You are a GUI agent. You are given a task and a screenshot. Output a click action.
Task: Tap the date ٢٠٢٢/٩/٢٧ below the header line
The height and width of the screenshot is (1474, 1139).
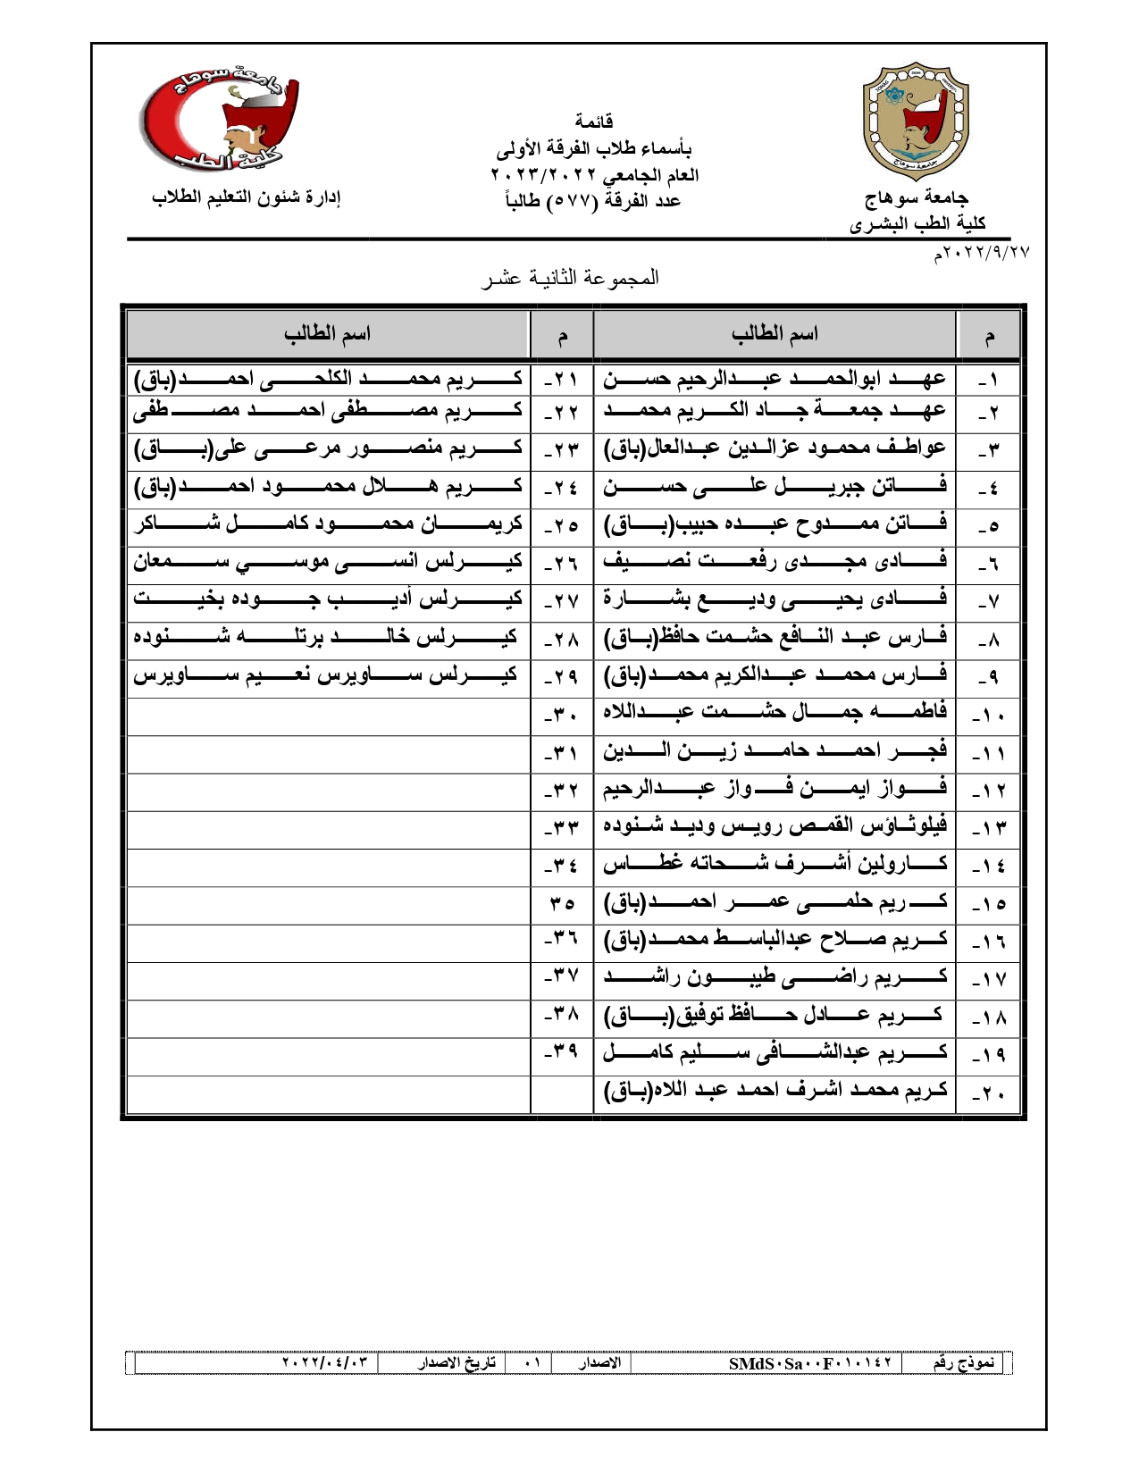982,253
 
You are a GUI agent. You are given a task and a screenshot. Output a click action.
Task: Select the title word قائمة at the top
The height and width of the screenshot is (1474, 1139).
593,121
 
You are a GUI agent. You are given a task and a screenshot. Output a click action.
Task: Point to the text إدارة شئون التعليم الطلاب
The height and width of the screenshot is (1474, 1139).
247,197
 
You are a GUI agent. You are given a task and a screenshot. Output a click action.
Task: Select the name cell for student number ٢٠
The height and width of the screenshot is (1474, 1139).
775,1092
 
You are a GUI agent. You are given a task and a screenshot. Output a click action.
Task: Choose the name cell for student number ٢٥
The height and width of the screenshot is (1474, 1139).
328,524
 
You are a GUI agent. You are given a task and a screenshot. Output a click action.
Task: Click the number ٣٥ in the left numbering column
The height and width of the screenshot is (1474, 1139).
562,904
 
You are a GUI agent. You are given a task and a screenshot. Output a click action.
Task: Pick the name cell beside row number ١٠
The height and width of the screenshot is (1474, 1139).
775,713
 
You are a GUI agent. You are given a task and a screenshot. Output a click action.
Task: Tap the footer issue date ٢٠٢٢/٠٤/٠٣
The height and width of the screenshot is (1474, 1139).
325,1363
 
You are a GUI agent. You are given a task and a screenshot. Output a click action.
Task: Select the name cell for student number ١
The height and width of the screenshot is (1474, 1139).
775,380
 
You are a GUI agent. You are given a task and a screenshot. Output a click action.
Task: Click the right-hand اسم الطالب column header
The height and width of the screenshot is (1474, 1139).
775,334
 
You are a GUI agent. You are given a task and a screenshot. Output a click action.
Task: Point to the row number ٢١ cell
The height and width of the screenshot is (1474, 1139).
561,380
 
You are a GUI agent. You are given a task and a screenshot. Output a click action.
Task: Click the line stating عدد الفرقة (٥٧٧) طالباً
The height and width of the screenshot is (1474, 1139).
592,200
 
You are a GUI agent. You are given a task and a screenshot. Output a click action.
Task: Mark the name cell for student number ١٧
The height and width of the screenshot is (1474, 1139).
775,978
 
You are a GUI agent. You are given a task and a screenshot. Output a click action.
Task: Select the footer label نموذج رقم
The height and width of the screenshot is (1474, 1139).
963,1363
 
